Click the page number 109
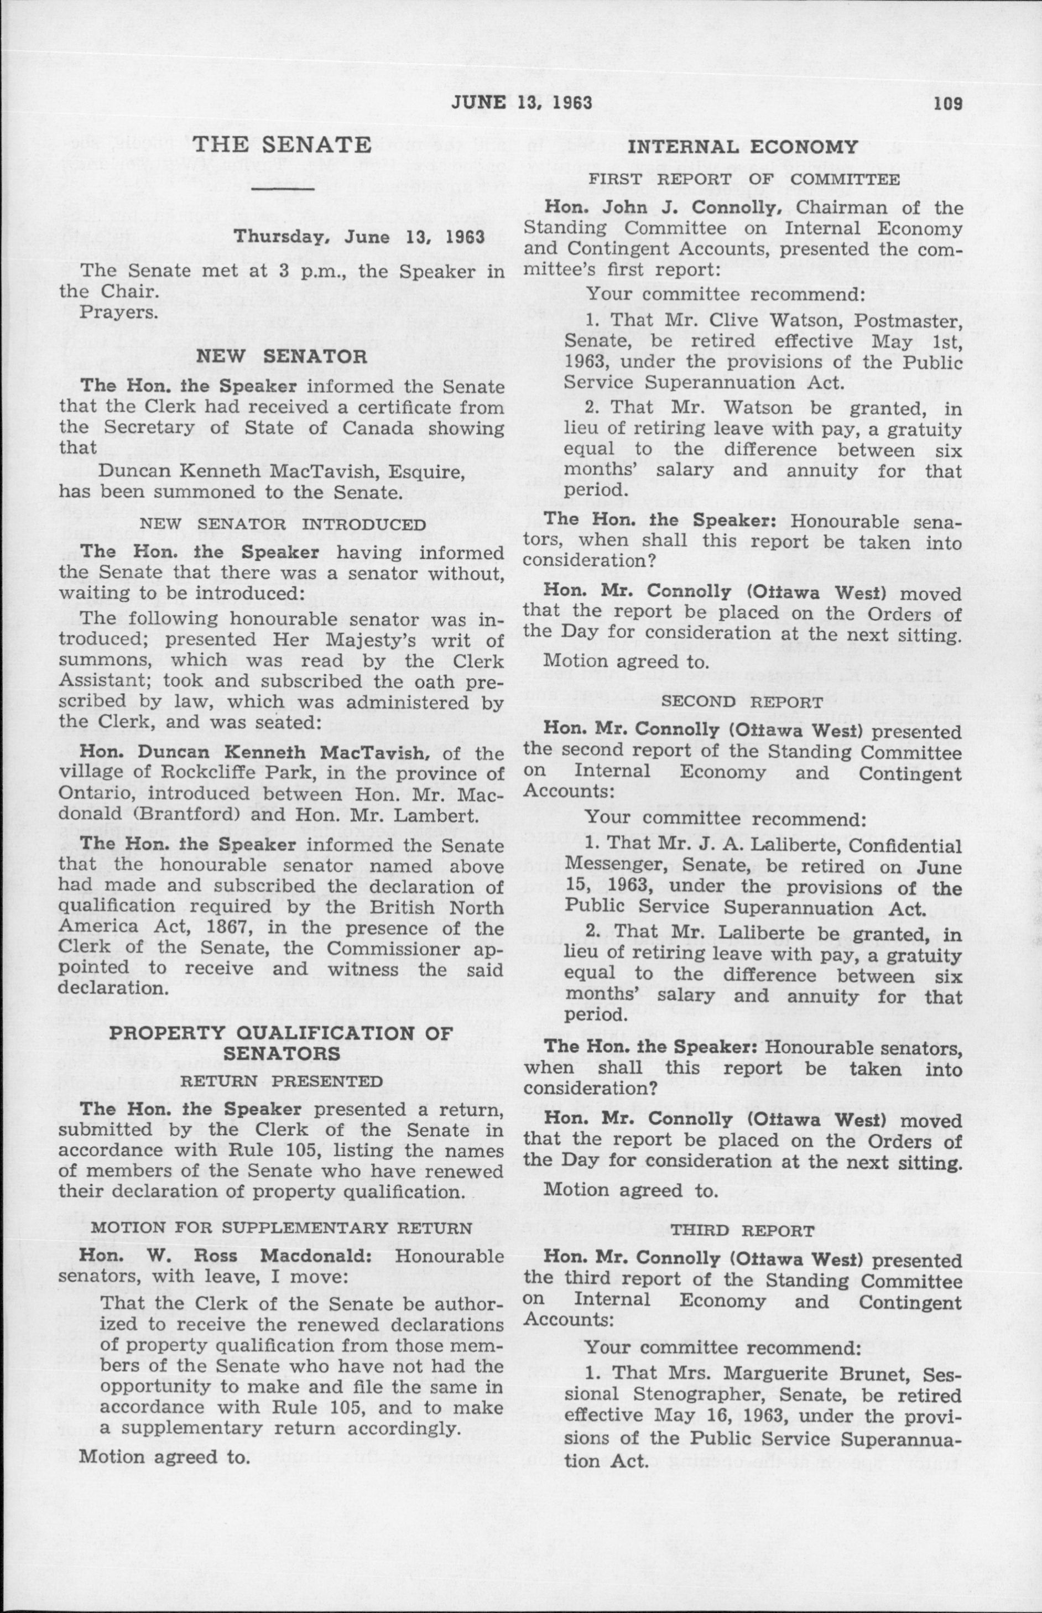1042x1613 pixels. click(x=948, y=103)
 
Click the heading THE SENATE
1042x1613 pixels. click(x=282, y=145)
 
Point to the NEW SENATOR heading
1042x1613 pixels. click(x=282, y=357)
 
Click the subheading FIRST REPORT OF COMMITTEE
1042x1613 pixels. click(x=743, y=179)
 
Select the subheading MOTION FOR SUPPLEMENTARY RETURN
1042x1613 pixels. click(x=282, y=1228)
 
